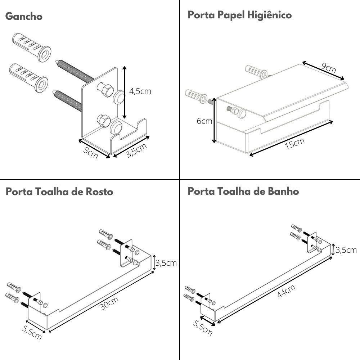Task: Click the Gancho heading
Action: pos(24,17)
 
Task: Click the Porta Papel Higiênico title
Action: pos(239,15)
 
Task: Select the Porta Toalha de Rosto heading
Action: pos(59,192)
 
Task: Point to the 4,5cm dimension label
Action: pos(140,91)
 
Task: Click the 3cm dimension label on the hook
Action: pos(90,153)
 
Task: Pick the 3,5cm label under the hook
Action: pos(136,150)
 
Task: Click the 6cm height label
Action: pos(204,121)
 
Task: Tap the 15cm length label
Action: pos(294,143)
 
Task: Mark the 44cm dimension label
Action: pos(286,291)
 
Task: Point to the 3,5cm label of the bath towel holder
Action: pos(346,250)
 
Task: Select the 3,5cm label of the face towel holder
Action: pos(166,263)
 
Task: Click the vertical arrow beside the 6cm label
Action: pos(215,121)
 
